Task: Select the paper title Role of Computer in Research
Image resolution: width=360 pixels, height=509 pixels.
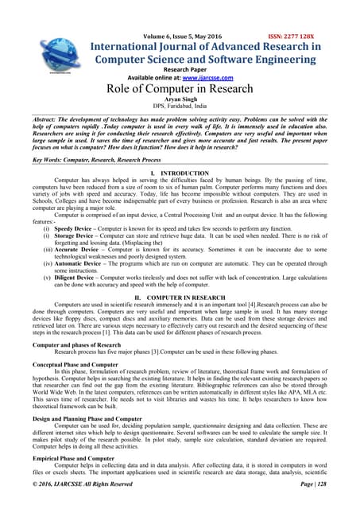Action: click(180, 88)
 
